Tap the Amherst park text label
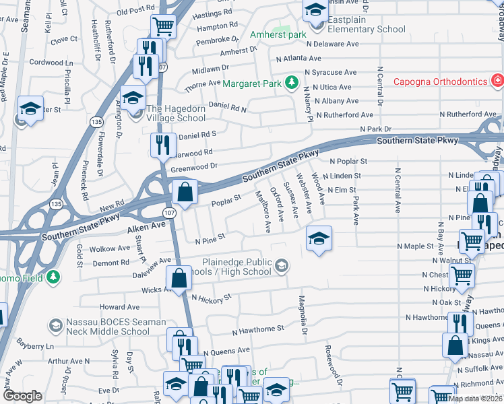(x=278, y=34)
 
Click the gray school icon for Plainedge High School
(x=281, y=267)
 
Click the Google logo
(x=22, y=396)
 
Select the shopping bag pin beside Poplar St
(x=185, y=192)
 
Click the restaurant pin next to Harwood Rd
(x=163, y=145)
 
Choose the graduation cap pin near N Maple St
(x=319, y=238)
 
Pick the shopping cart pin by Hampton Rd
(x=164, y=26)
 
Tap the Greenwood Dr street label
(x=195, y=166)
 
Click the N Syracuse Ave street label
(x=330, y=73)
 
